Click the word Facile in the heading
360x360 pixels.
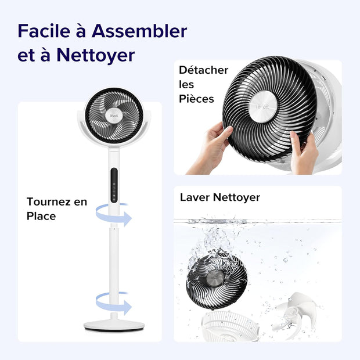(43, 30)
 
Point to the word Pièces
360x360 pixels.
(196, 99)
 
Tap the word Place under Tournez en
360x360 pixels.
(41, 216)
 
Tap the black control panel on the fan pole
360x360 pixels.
(114, 185)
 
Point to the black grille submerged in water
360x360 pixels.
(218, 278)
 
